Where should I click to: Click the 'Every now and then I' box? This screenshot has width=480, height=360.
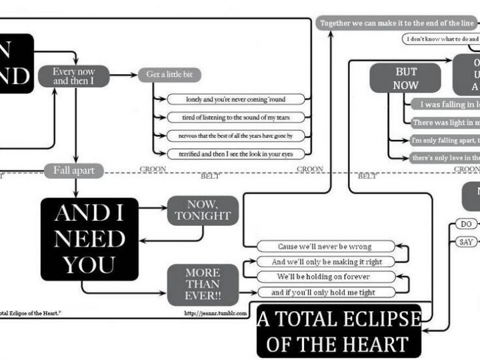tap(74, 76)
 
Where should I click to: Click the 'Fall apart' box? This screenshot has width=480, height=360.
tap(74, 171)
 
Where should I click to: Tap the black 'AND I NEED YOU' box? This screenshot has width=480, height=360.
tap(89, 239)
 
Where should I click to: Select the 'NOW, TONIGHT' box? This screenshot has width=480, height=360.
tap(203, 209)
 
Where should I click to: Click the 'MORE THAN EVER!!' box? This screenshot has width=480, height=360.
tap(203, 284)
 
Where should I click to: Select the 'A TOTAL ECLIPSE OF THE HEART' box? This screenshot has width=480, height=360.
tap(339, 331)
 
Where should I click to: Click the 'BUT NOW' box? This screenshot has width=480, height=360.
tap(406, 78)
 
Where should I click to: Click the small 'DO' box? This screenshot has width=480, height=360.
tap(465, 224)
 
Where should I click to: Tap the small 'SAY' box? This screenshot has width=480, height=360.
tap(465, 242)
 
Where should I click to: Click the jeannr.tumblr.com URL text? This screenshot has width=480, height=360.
tap(215, 312)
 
